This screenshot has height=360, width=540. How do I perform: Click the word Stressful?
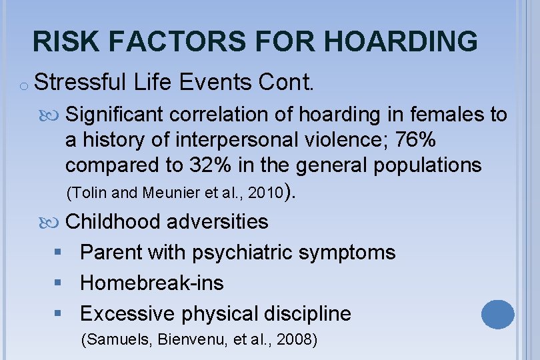pos(80,83)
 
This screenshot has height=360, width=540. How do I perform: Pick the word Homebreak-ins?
pos(151,283)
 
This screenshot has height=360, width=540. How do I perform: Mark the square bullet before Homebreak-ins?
pos(59,283)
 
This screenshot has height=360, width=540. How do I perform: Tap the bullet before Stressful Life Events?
pos(23,85)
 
